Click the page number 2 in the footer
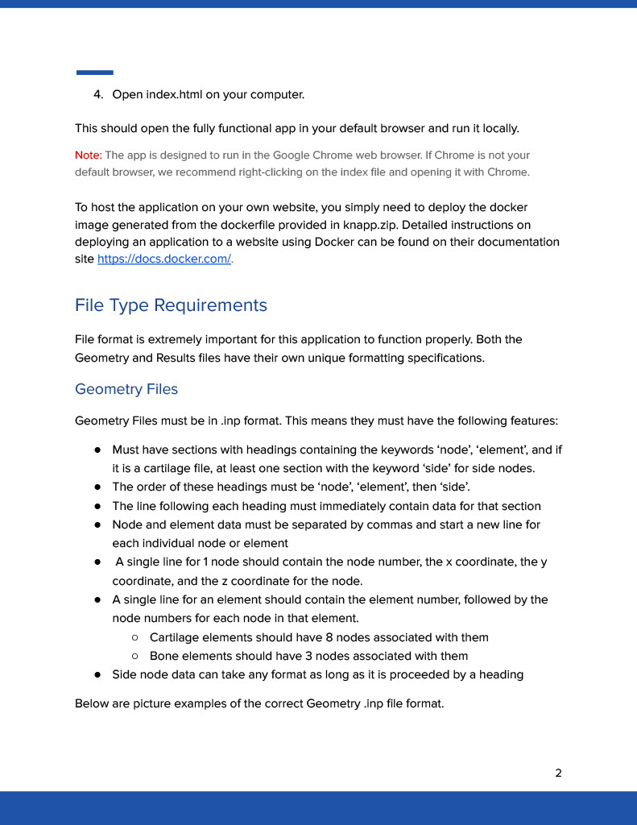coord(558,773)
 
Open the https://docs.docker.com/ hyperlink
coord(164,259)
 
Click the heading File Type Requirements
coord(171,305)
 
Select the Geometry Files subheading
coord(126,389)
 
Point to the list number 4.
coord(97,95)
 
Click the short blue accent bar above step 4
coord(94,73)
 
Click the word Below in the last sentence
coord(92,703)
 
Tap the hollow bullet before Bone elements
coord(135,656)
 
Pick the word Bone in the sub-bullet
coord(163,656)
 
